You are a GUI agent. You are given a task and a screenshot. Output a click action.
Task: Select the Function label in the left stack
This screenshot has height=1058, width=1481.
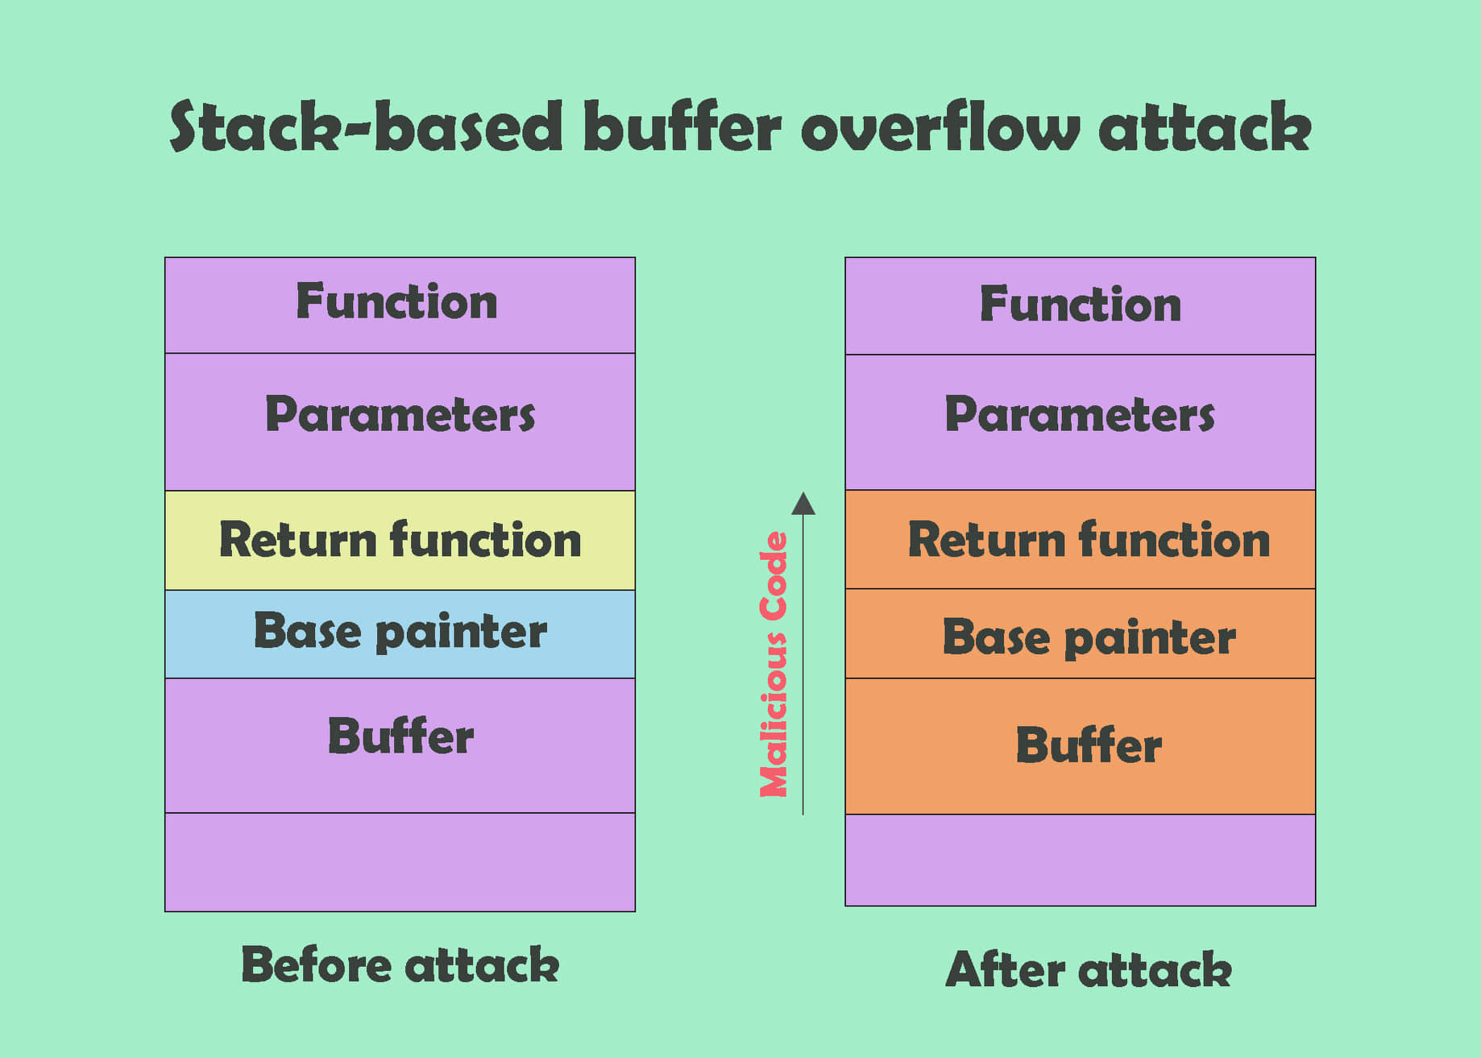click(x=396, y=302)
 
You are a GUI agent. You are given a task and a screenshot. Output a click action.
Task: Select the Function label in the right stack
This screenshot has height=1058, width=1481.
click(x=1080, y=305)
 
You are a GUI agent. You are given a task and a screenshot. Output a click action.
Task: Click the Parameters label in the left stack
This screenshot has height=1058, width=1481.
click(x=400, y=415)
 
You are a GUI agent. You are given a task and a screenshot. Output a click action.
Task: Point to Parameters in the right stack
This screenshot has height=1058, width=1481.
click(x=1080, y=415)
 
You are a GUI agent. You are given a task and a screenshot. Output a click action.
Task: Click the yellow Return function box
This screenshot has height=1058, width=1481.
click(x=400, y=540)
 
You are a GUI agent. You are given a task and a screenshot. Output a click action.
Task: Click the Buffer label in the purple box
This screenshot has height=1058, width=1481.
click(x=400, y=736)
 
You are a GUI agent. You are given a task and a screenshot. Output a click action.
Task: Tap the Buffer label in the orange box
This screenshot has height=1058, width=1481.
click(x=1088, y=745)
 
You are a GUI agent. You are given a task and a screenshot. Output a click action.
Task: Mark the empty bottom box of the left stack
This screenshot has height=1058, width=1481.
click(x=400, y=862)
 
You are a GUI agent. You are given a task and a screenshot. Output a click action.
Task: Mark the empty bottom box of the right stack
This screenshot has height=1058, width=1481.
click(x=1080, y=860)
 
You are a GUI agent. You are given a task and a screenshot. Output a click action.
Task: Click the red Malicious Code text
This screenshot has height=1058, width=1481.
click(x=774, y=665)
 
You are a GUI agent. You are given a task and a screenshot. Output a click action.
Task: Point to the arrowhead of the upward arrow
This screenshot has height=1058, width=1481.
click(x=803, y=504)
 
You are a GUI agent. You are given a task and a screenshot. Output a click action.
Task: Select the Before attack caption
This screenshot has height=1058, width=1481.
click(x=400, y=965)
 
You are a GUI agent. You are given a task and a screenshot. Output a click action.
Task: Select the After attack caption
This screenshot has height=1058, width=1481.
click(x=1088, y=969)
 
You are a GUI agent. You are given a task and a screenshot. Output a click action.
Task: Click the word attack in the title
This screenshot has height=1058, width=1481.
click(x=1205, y=127)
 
